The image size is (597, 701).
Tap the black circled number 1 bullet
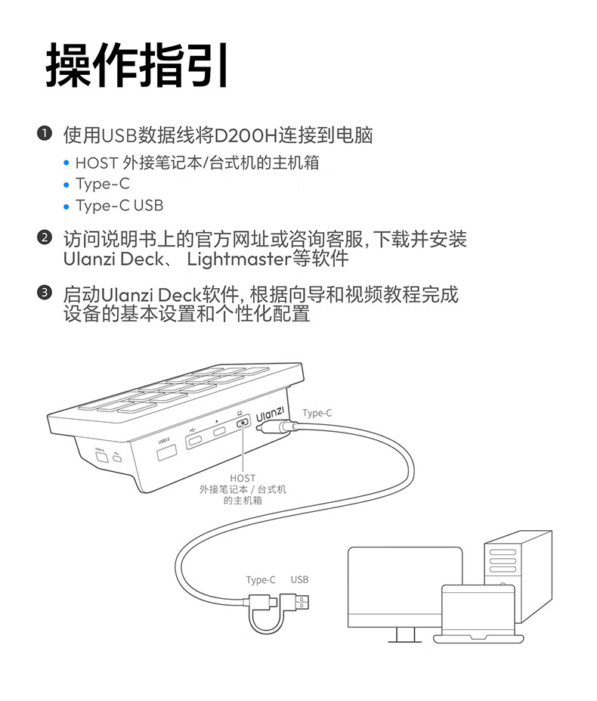coord(45,135)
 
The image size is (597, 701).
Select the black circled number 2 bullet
coord(45,239)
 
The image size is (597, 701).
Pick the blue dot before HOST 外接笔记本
coord(66,163)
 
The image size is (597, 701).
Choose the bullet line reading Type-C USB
coord(119,206)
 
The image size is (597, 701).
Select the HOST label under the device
coord(243,478)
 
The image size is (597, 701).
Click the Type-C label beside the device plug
coord(317,413)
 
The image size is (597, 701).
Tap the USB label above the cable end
coord(299,580)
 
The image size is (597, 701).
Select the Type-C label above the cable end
coord(261,580)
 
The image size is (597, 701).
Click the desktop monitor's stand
coord(404,634)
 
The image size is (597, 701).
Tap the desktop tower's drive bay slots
coord(503,560)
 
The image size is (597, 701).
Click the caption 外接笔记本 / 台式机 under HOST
coord(243,489)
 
